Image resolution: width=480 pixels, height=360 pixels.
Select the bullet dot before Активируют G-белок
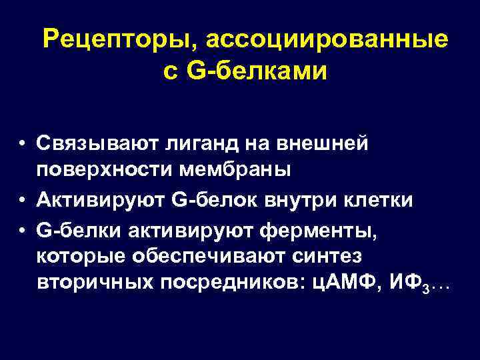(x=23, y=199)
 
